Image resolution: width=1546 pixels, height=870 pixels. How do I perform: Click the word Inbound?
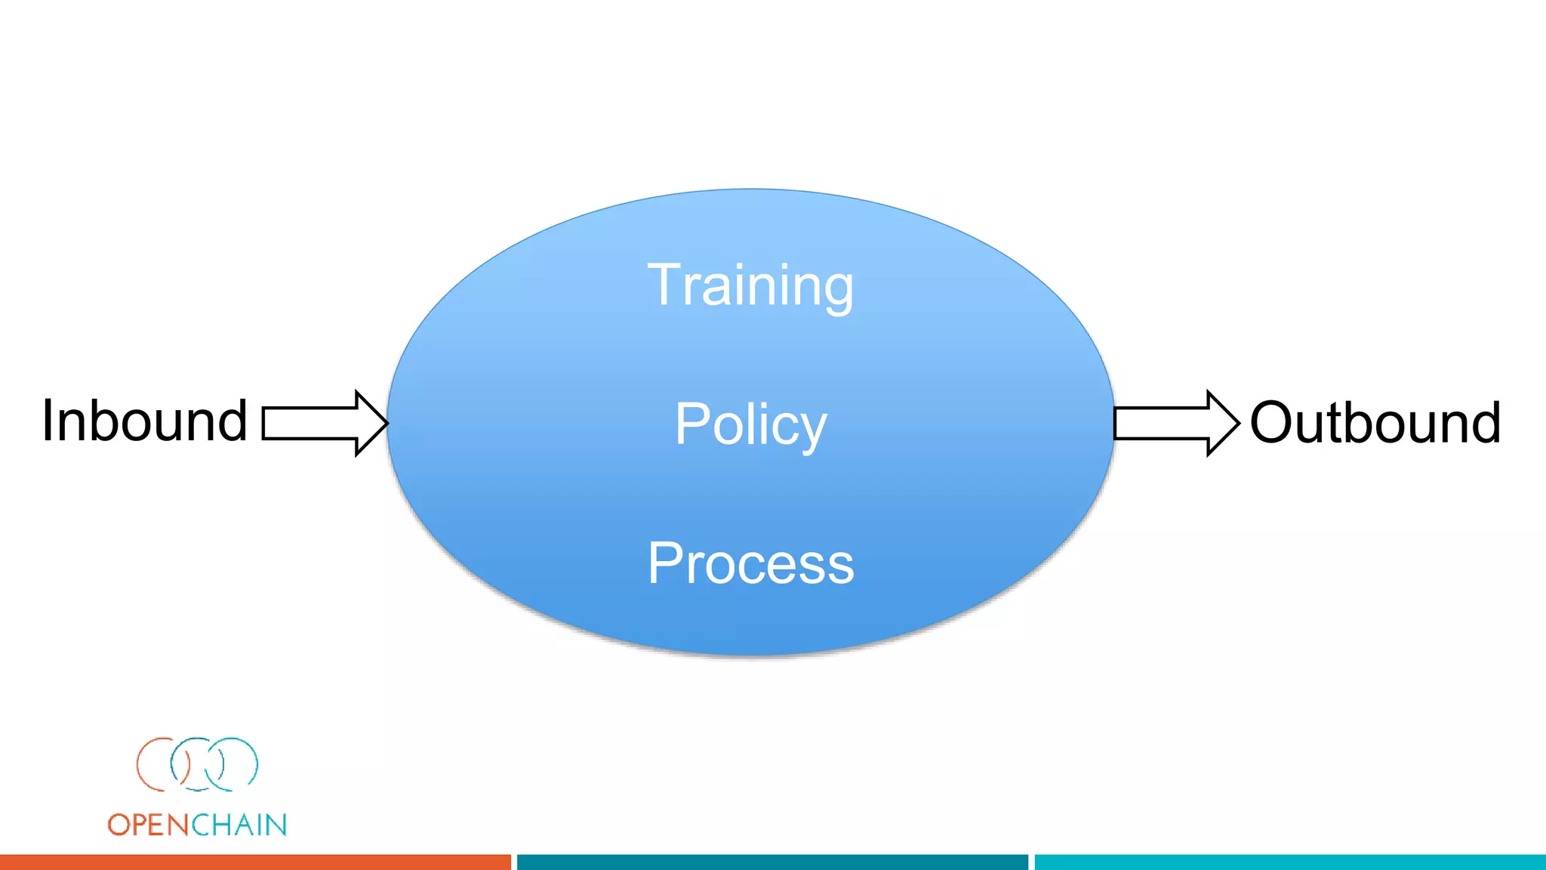(x=144, y=421)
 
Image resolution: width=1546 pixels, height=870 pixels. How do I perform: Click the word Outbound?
(x=1375, y=422)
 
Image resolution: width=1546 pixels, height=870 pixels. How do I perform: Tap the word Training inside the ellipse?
(x=750, y=285)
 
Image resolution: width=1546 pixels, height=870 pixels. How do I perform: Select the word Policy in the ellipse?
(x=750, y=424)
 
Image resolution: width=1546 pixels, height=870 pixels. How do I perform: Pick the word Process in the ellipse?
(x=750, y=563)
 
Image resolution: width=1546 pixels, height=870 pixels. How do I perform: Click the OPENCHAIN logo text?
(x=197, y=825)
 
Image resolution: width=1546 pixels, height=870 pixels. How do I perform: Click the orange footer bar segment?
(x=255, y=862)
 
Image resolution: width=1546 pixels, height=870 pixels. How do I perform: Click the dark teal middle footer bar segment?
(x=772, y=862)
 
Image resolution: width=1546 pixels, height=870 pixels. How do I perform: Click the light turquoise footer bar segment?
(x=1289, y=862)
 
